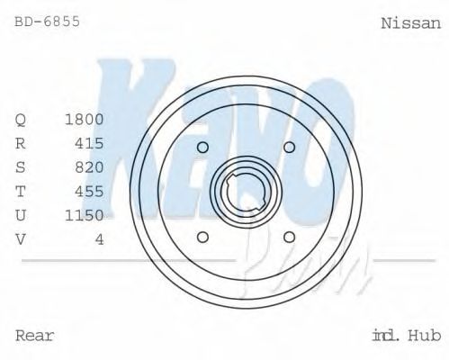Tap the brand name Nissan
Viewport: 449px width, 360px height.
(411, 22)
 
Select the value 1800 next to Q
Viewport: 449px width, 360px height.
(85, 120)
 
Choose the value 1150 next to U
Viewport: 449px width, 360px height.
(85, 214)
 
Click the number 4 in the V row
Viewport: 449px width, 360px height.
(100, 238)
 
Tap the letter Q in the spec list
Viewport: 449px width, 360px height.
(21, 120)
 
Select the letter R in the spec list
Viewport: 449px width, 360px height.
(21, 143)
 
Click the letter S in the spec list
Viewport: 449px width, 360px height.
(21, 166)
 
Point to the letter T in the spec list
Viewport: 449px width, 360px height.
(21, 191)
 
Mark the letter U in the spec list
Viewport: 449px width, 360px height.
(21, 214)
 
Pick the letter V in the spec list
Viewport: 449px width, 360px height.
(21, 238)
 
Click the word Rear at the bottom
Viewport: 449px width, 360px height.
(35, 337)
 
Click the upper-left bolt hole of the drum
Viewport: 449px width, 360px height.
(202, 148)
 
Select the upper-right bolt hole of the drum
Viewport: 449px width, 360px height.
(290, 148)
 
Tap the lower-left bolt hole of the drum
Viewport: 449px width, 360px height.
(202, 238)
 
